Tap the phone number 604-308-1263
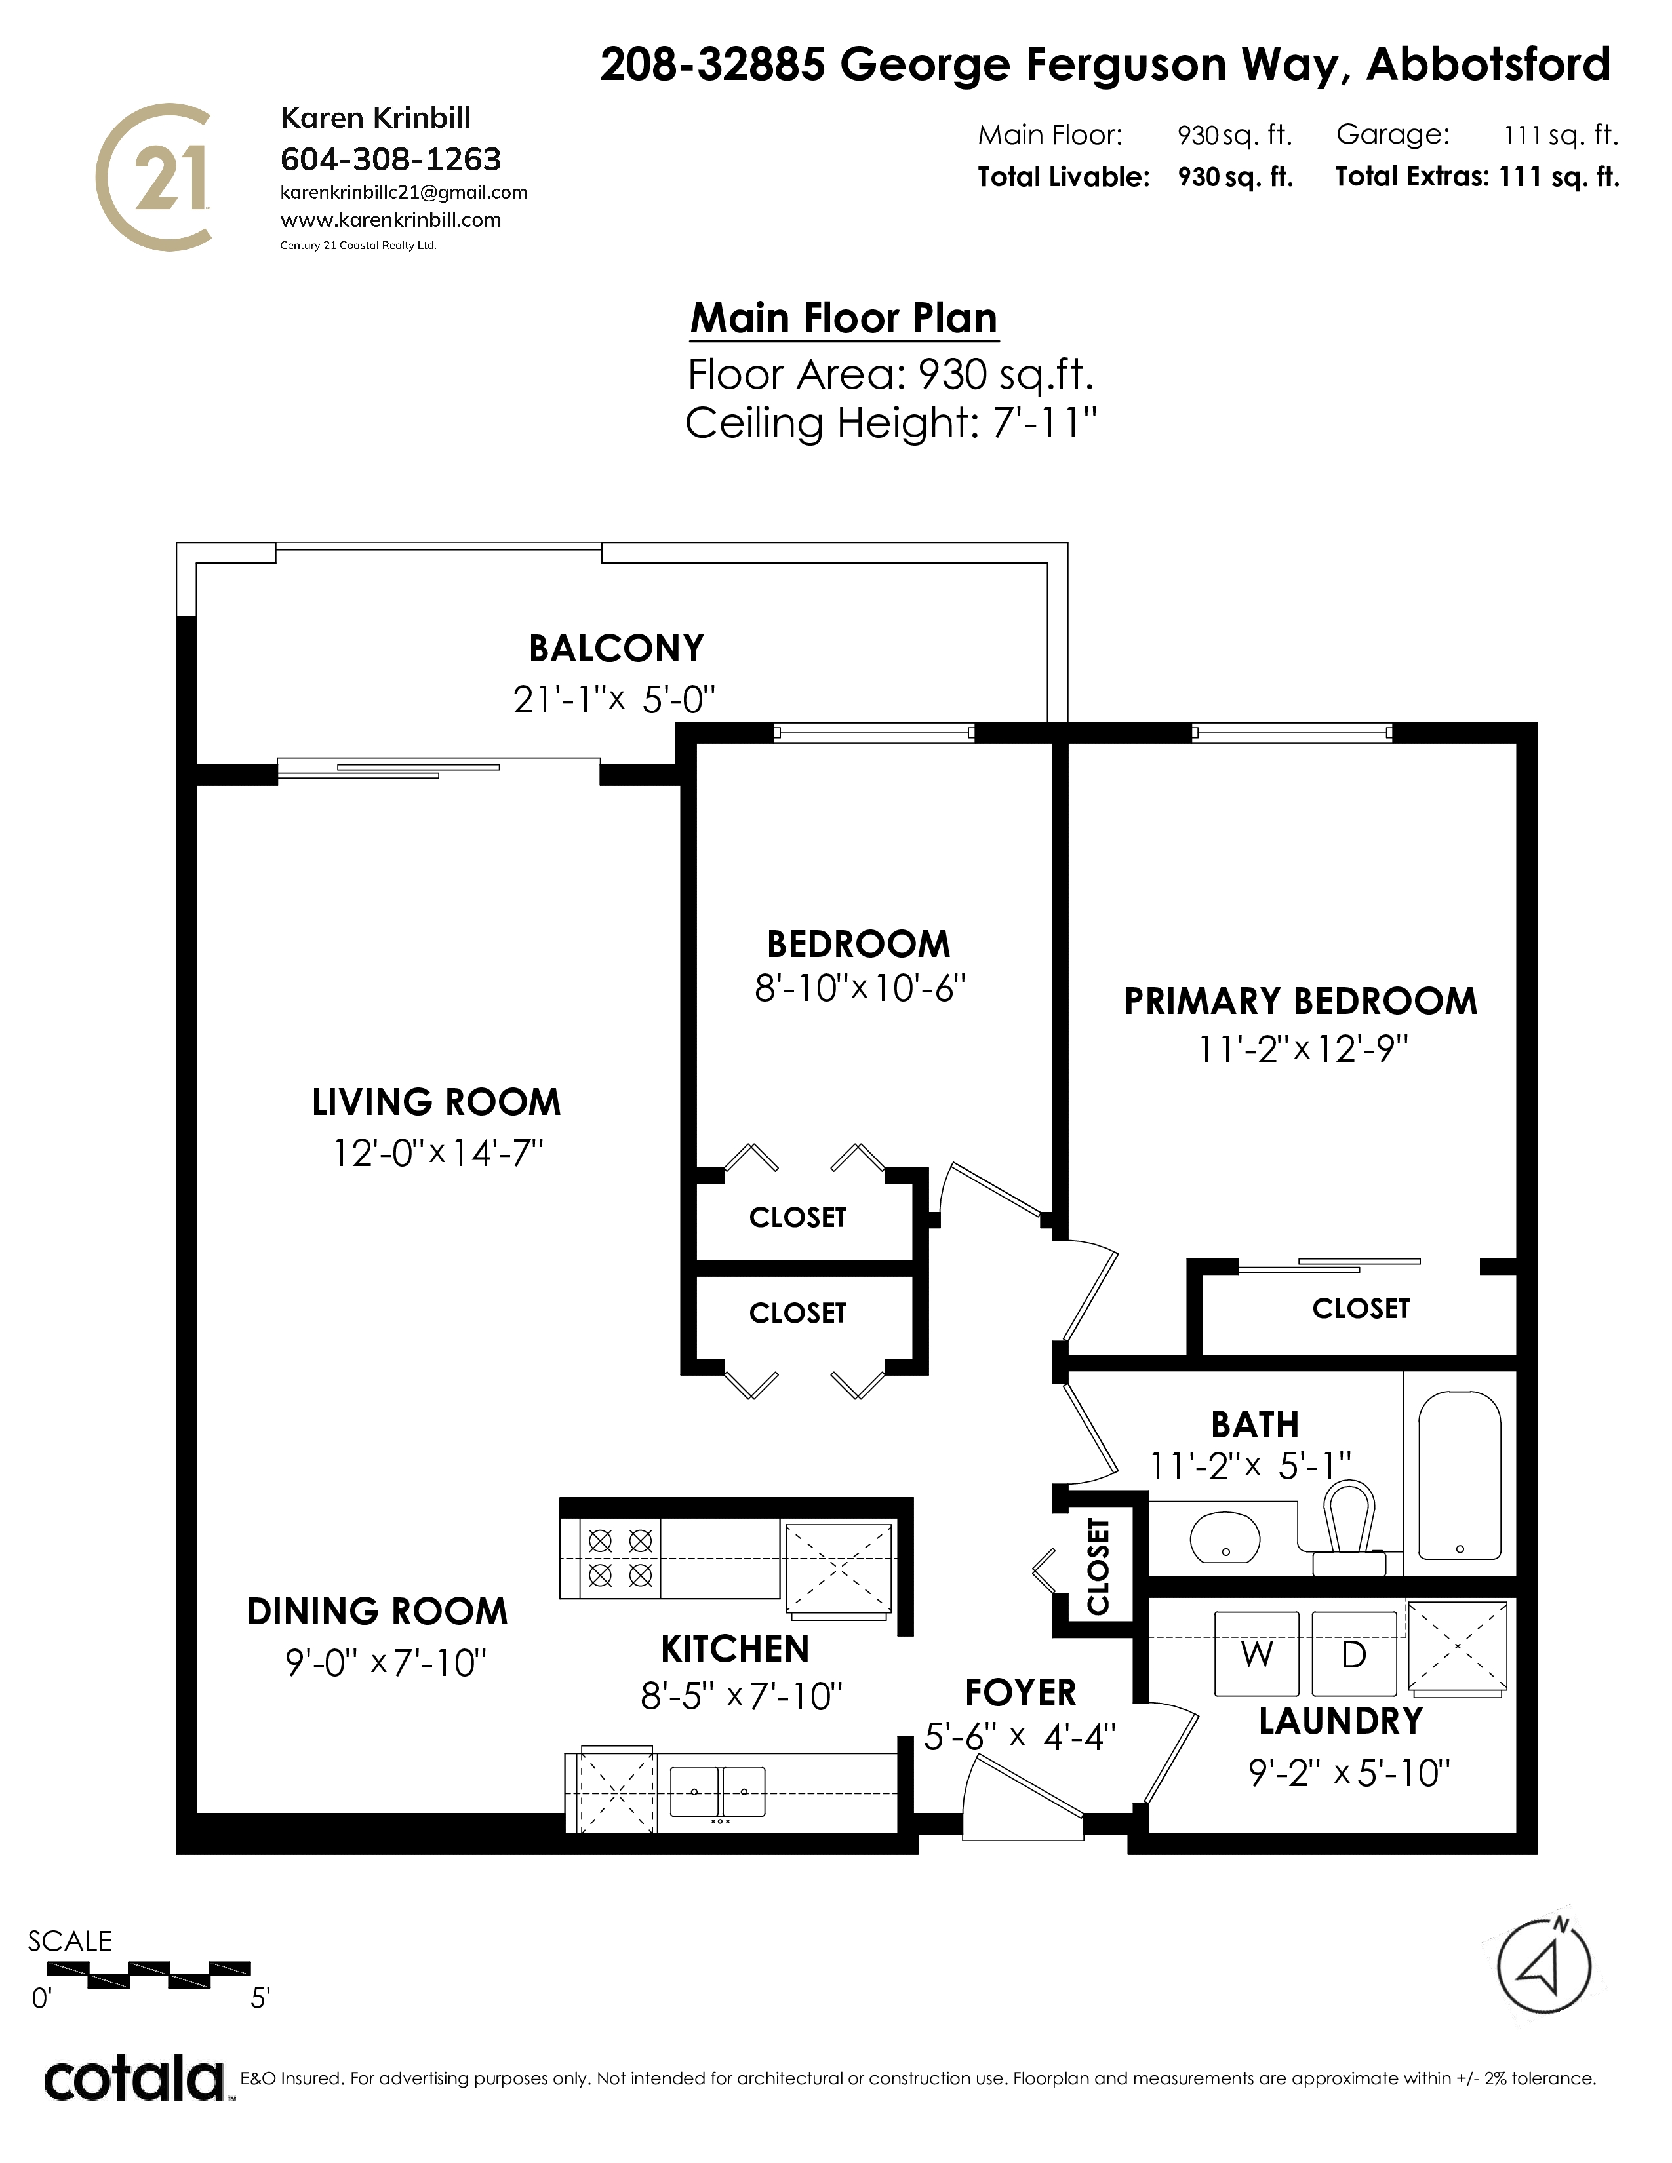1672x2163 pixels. point(391,159)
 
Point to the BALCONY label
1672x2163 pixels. point(616,649)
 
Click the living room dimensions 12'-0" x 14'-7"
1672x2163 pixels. point(439,1153)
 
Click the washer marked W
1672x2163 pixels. point(1257,1653)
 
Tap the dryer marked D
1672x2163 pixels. point(1354,1653)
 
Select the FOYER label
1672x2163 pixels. point(1020,1692)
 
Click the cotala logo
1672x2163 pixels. point(134,2079)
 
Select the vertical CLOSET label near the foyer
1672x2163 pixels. point(1098,1566)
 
